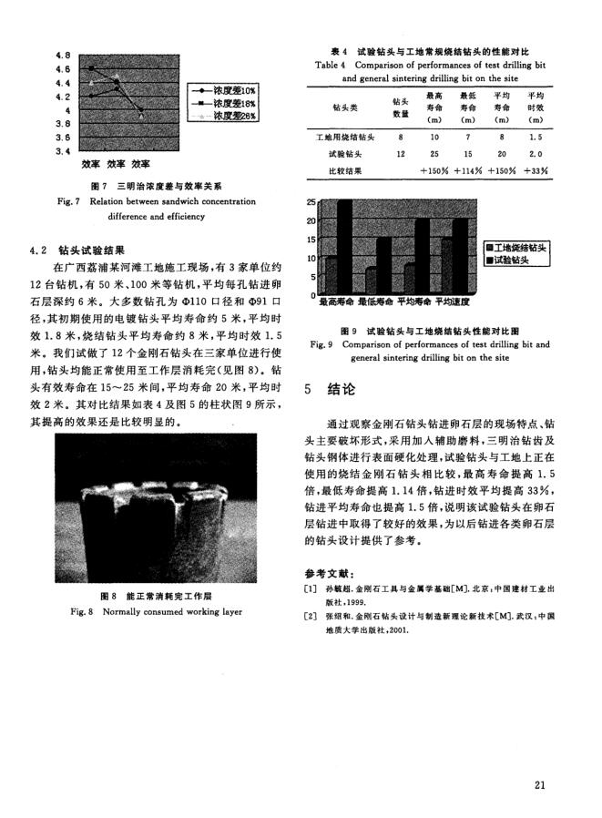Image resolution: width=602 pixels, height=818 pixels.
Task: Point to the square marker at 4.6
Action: [x=91, y=68]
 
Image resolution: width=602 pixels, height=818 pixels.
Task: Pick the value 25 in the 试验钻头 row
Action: [x=434, y=154]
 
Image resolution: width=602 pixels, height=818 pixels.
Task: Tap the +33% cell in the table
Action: [x=536, y=170]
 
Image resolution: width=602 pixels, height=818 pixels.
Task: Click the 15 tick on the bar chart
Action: [x=311, y=240]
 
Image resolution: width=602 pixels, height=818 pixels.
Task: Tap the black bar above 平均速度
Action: [x=459, y=256]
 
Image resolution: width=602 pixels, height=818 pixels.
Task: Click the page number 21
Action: [x=540, y=783]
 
